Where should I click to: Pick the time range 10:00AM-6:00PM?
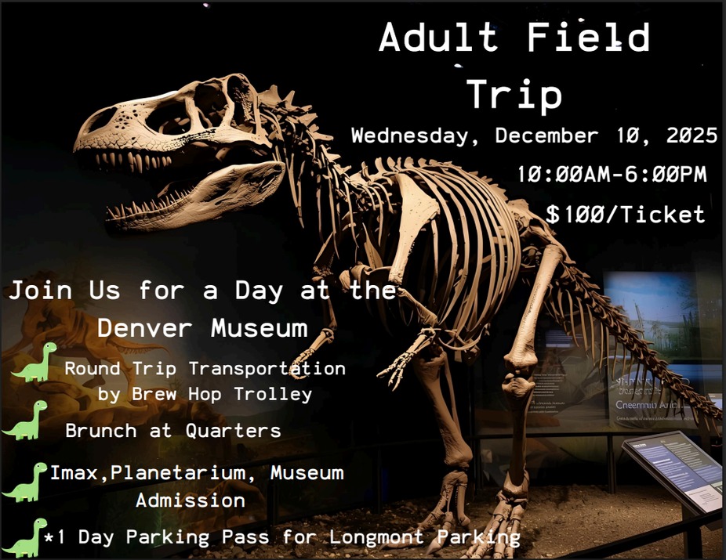[x=612, y=174]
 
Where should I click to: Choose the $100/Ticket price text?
[x=626, y=214]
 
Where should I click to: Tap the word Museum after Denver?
[x=259, y=327]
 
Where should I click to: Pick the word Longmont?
[x=374, y=537]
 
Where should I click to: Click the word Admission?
[x=191, y=500]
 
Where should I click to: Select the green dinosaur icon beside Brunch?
[x=25, y=421]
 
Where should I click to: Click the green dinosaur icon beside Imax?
[x=25, y=482]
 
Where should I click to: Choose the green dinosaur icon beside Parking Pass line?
[x=24, y=538]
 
